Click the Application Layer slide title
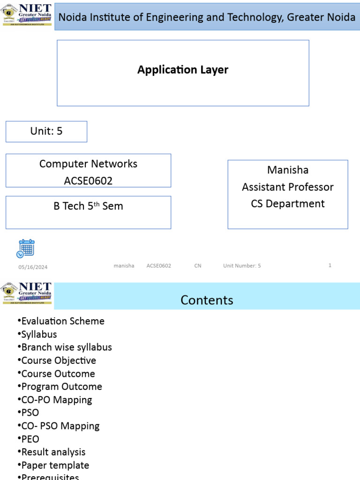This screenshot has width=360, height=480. [183, 70]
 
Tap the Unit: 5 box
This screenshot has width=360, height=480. [46, 131]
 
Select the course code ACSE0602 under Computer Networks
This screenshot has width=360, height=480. [88, 181]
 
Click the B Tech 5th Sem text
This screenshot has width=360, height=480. [88, 206]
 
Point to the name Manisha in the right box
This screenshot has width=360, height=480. [288, 170]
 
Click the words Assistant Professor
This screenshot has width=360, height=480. [288, 187]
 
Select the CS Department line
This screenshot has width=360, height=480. [288, 204]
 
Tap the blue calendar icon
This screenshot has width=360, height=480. [26, 248]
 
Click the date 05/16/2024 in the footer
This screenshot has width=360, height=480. [33, 267]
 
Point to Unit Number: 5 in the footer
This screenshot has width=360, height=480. [242, 266]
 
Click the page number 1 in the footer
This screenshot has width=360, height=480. [330, 265]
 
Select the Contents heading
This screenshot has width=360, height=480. [207, 300]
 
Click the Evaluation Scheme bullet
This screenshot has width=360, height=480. [63, 321]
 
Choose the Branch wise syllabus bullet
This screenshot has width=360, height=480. [67, 347]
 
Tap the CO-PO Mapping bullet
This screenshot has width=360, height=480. [57, 400]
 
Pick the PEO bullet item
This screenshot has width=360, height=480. [30, 439]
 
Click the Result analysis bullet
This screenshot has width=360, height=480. [53, 452]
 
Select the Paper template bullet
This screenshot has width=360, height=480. [55, 465]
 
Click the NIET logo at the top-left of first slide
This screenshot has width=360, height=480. [27, 15]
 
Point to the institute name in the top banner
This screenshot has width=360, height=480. [206, 17]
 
